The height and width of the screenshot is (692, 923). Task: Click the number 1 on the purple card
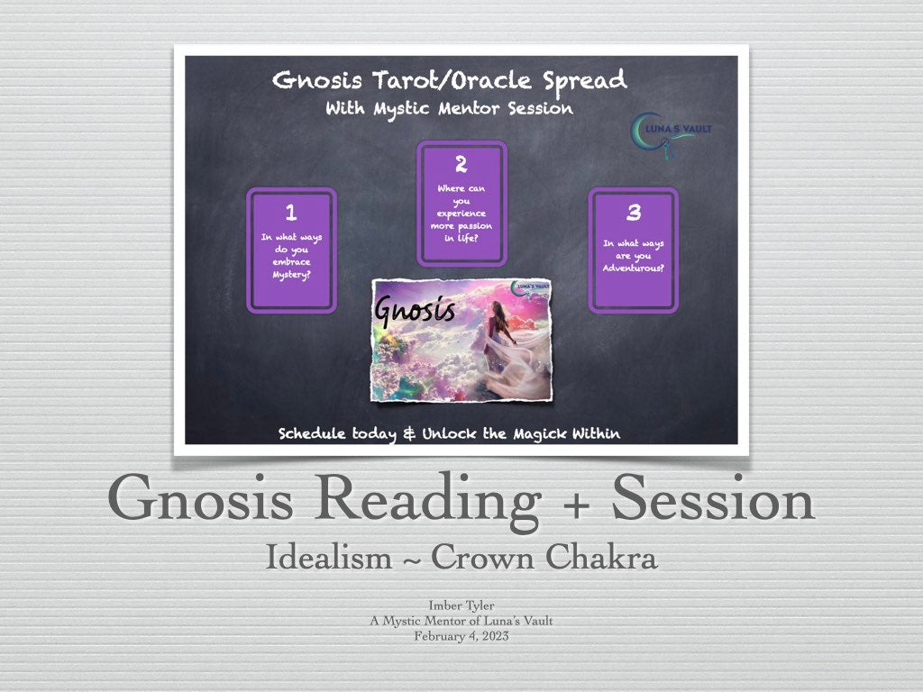coord(291,213)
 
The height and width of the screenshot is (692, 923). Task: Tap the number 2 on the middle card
coord(461,164)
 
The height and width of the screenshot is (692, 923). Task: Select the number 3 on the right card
coord(634,212)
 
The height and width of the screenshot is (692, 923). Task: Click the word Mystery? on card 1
coord(291,275)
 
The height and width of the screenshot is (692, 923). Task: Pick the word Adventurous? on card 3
coord(634,269)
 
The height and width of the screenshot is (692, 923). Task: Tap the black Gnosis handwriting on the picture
coord(415,310)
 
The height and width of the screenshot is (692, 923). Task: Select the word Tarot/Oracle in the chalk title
coord(452,80)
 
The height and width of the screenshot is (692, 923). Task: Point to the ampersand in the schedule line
coord(409,434)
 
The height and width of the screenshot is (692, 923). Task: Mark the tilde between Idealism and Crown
coord(411,559)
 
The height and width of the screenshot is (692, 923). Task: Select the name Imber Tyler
coord(461,605)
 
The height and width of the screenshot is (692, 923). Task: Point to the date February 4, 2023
coord(461,636)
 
